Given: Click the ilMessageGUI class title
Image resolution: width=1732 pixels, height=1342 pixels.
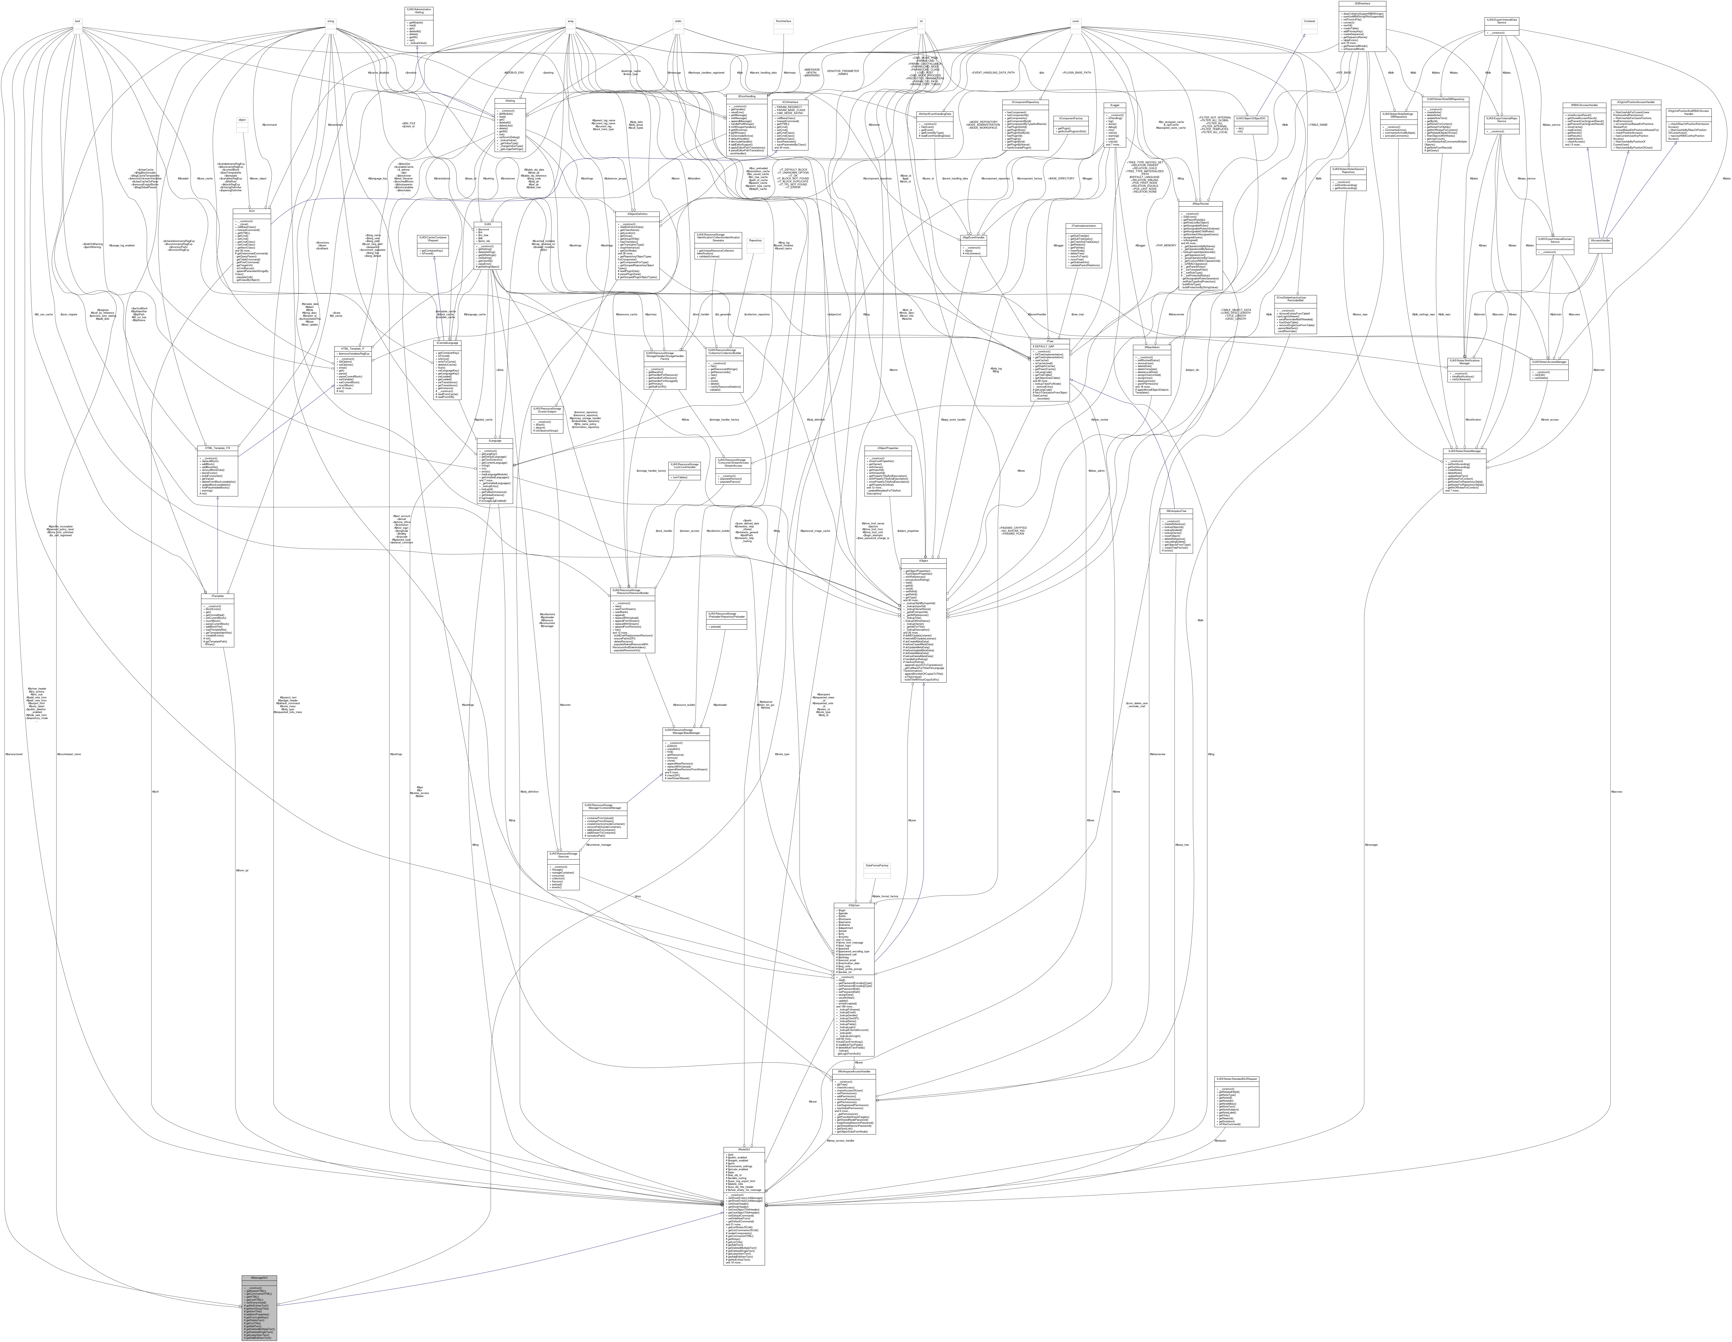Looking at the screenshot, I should tap(259, 1278).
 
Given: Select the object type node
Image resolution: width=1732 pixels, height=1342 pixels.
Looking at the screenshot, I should tap(242, 120).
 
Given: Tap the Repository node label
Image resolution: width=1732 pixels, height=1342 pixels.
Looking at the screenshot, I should tap(755, 240).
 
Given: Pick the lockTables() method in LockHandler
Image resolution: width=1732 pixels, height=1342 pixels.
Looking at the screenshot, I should tap(684, 477).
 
